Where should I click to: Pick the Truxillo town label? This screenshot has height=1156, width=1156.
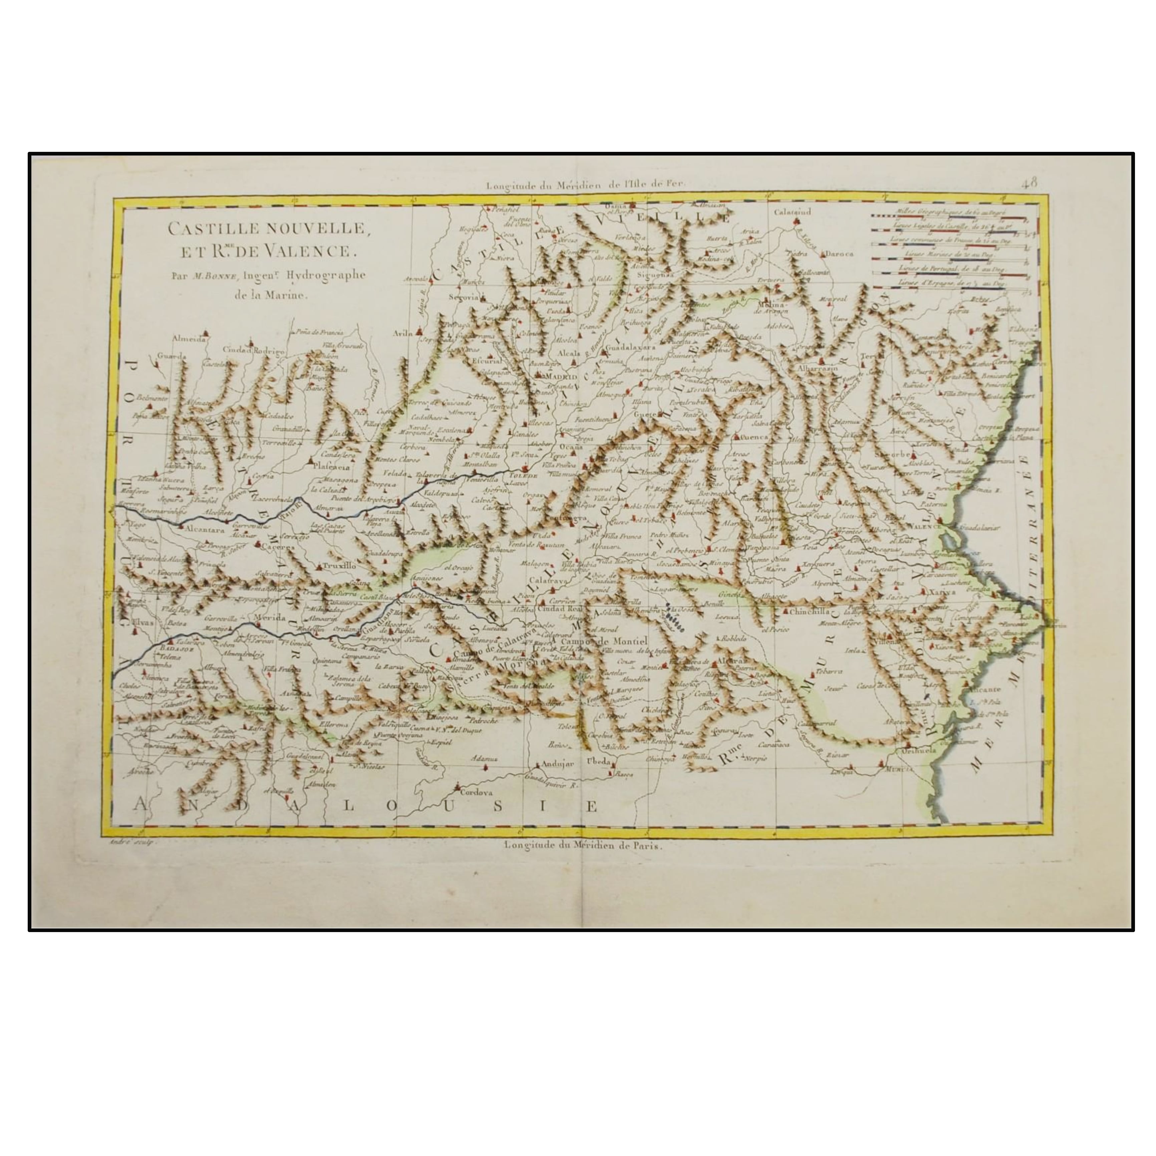tap(339, 564)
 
